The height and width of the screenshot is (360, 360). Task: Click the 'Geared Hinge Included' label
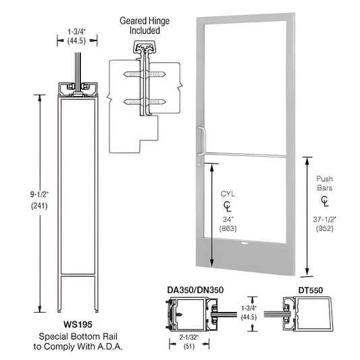pyautogui.click(x=140, y=26)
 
